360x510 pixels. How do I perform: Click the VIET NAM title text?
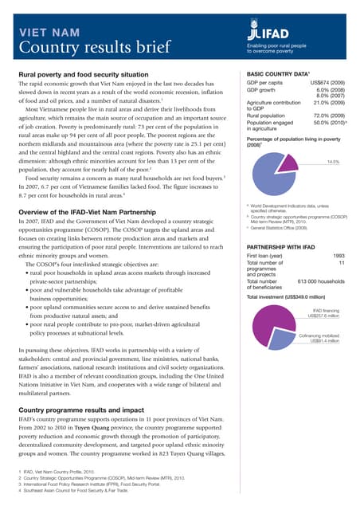click(49, 33)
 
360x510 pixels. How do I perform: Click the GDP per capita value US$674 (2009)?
click(328, 82)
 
